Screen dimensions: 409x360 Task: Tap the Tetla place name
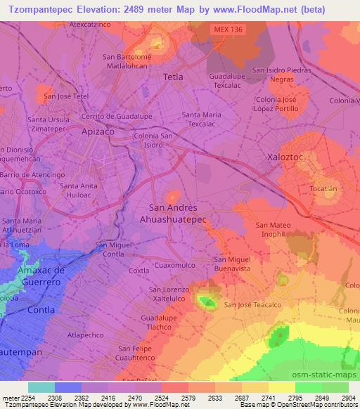pos(173,77)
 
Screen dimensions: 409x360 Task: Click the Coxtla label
pos(139,271)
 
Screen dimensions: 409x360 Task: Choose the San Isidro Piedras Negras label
pos(282,74)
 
